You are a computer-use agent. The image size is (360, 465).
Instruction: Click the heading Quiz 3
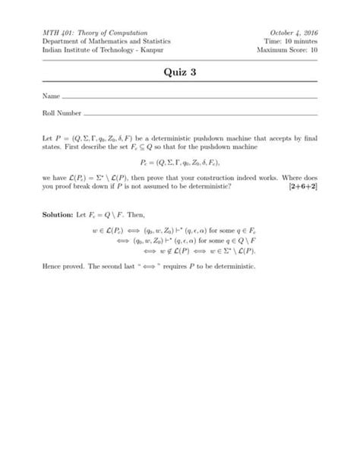tap(180, 74)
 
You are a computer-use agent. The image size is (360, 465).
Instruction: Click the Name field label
tap(51, 97)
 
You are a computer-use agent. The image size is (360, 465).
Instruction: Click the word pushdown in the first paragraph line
tap(211, 140)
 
